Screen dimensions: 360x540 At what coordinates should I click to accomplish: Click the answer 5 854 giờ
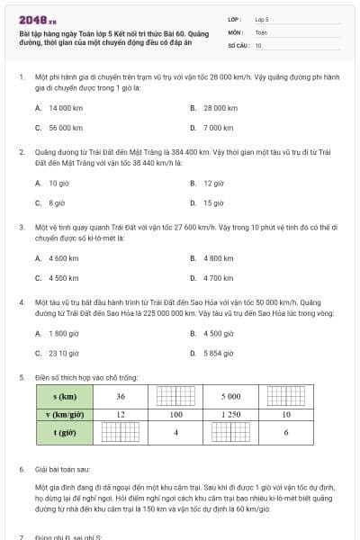coord(219,354)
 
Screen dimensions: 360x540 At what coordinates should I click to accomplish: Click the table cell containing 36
coord(121,396)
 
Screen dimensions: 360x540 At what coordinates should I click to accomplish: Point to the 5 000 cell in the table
coord(231,396)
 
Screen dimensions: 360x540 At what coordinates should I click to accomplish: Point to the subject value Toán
coord(261,31)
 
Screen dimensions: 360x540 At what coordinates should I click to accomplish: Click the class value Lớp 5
coord(262,19)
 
